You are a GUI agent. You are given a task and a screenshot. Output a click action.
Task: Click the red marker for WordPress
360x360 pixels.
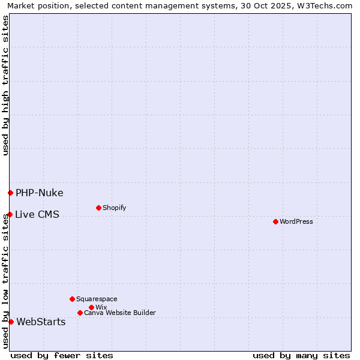(275, 222)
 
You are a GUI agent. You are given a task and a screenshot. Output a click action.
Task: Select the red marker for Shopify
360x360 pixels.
(98, 208)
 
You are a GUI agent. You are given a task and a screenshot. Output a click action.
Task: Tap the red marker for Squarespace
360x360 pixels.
(72, 299)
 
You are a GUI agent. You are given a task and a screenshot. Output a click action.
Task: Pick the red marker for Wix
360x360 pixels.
(91, 308)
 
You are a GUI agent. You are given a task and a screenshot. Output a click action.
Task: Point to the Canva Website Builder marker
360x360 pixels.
(80, 313)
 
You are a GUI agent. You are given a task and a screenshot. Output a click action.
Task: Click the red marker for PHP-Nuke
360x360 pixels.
(10, 193)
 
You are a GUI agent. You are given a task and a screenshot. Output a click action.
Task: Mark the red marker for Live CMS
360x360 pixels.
(10, 214)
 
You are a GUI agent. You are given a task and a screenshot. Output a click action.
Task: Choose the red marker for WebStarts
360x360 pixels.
(11, 322)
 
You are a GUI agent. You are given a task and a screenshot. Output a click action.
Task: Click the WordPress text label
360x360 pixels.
(296, 222)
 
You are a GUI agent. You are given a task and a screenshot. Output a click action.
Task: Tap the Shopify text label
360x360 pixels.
(115, 208)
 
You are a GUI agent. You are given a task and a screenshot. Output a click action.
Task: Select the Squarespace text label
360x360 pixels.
(97, 299)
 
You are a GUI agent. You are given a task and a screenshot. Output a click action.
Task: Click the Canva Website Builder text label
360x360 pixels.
(120, 313)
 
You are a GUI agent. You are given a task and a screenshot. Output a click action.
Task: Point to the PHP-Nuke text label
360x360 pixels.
(40, 193)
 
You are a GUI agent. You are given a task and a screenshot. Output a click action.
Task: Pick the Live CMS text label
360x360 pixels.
(37, 215)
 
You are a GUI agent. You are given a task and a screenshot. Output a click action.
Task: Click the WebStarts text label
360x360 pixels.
(41, 322)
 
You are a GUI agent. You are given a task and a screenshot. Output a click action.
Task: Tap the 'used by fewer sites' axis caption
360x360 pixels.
(62, 355)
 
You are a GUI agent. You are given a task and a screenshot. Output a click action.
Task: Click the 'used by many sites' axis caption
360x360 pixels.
(301, 355)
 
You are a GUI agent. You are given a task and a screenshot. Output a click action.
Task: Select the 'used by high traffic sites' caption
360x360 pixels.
(5, 85)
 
